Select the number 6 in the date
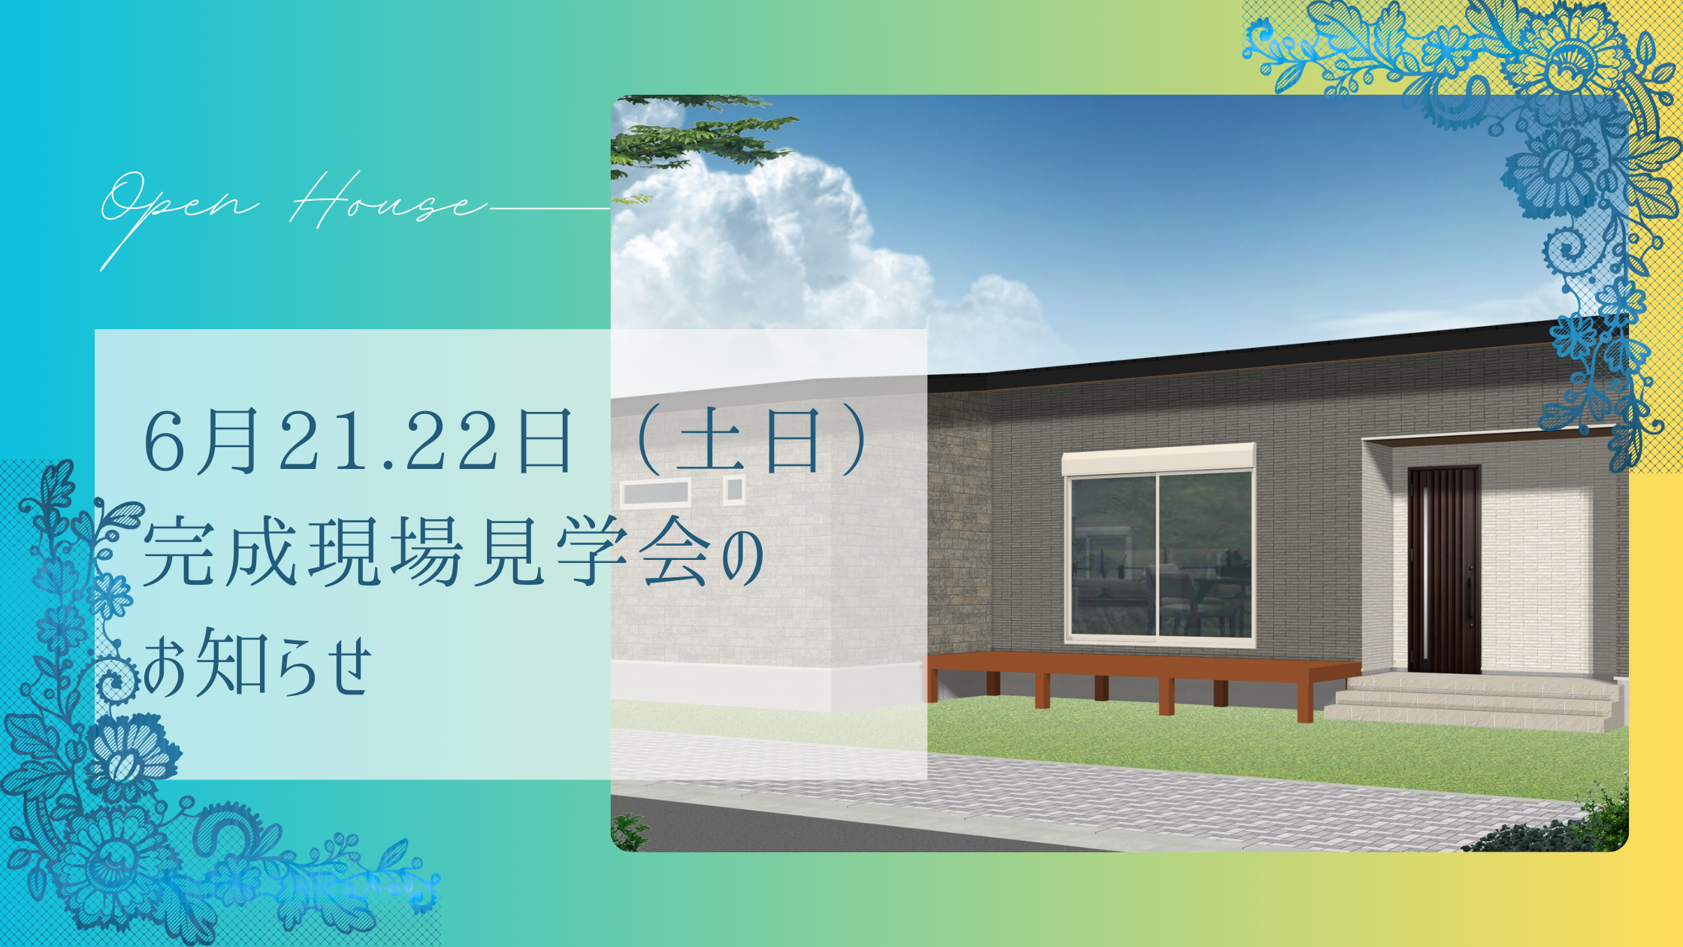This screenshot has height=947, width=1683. (x=165, y=441)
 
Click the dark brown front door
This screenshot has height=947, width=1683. (x=1443, y=569)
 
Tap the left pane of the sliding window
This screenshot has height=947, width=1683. (x=1113, y=557)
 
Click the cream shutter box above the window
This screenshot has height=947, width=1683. (x=1158, y=458)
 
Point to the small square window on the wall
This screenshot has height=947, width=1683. (x=734, y=490)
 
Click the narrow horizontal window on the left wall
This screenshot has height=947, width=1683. (x=655, y=494)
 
